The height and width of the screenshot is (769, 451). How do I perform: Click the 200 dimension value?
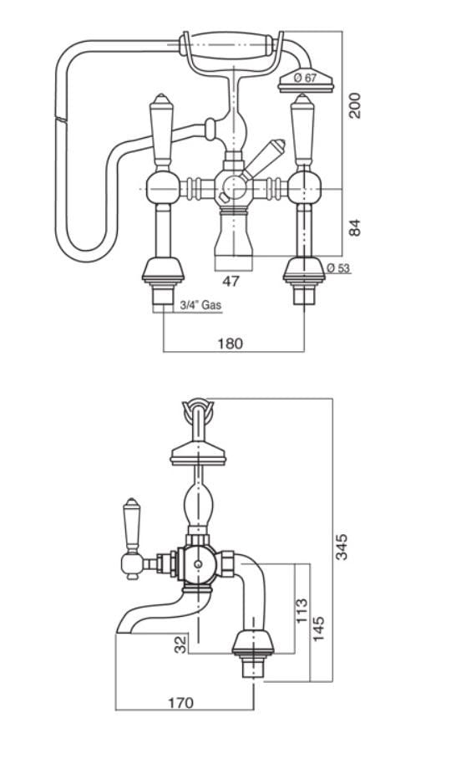coord(355,105)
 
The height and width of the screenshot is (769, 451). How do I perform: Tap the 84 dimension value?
coord(355,227)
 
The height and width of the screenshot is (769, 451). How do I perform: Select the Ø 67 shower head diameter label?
coord(306,78)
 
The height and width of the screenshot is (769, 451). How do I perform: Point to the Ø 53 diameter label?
coord(338,267)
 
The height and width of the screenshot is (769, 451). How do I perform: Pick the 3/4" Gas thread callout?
coord(200,305)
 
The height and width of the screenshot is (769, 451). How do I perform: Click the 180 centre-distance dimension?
coord(231,344)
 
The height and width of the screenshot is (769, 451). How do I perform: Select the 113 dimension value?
coord(302,610)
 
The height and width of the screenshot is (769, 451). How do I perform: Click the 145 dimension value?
coord(319,629)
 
